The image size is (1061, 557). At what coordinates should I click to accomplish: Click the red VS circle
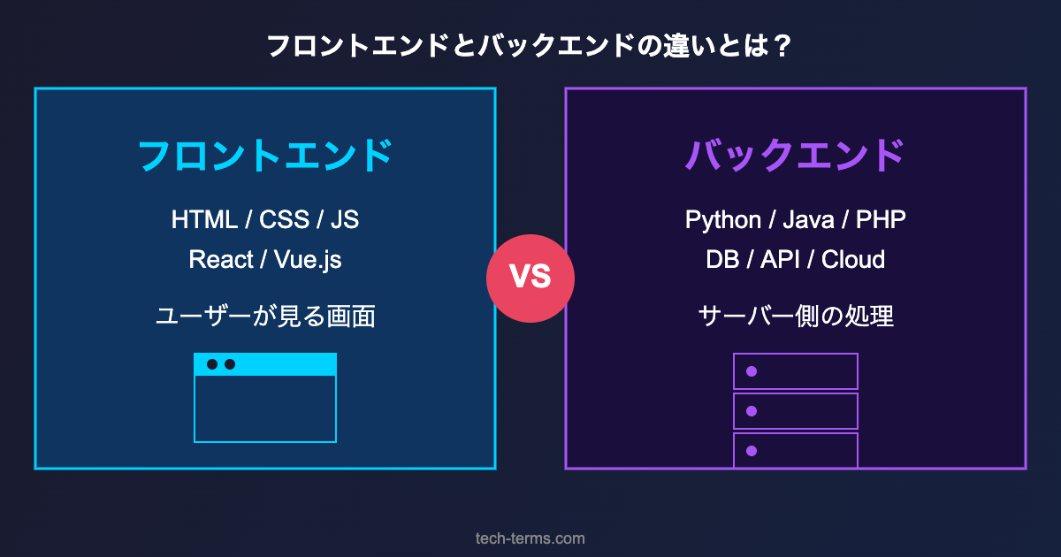(530, 278)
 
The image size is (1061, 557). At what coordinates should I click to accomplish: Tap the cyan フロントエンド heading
(265, 156)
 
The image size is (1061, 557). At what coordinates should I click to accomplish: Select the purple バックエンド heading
(796, 156)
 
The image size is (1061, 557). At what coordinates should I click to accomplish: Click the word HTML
(204, 219)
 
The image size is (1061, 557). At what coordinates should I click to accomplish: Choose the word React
(220, 260)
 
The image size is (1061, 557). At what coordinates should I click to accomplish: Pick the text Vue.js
(308, 260)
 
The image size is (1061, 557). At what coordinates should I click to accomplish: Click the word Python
(722, 219)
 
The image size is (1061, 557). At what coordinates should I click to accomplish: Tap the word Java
(808, 219)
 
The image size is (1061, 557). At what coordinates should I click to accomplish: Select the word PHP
(881, 219)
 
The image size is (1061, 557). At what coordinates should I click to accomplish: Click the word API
(778, 260)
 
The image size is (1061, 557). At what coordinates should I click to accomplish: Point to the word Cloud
(853, 260)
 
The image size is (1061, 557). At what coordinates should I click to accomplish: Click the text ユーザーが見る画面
(265, 316)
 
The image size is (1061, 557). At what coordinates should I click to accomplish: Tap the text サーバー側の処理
(796, 316)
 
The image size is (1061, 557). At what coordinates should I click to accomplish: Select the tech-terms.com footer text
(530, 538)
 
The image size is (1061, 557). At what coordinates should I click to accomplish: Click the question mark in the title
(781, 46)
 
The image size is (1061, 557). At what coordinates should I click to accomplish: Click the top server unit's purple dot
(752, 371)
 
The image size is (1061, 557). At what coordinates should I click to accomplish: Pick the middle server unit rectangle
(796, 411)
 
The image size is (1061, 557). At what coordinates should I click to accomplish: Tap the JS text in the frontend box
(345, 219)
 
